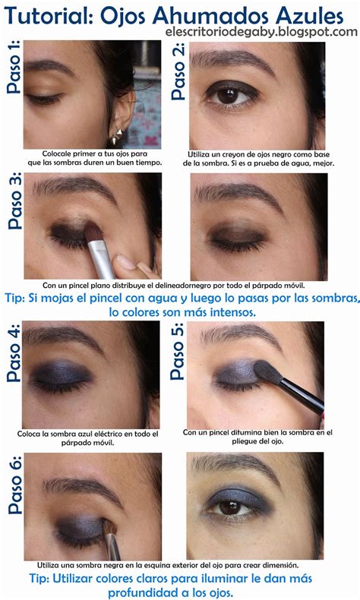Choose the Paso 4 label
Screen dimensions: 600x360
pyautogui.click(x=13, y=354)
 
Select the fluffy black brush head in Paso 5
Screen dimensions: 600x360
pyautogui.click(x=268, y=372)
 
